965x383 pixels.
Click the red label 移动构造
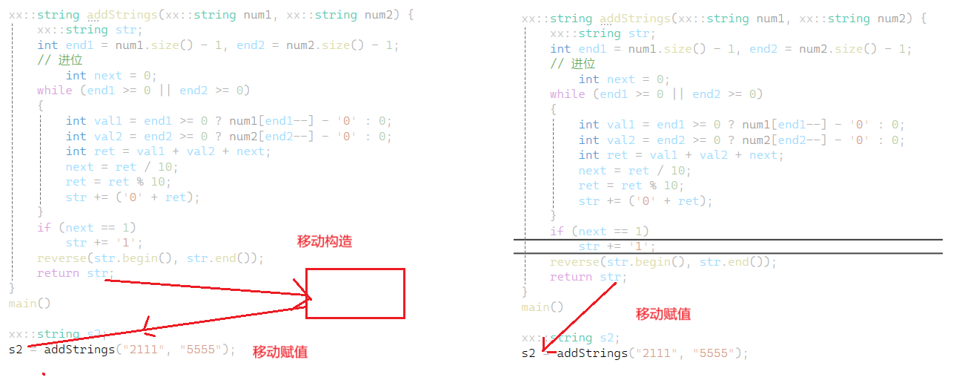[325, 241]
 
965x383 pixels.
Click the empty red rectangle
[355, 294]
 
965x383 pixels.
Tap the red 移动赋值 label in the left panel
[280, 352]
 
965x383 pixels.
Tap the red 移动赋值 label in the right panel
[663, 314]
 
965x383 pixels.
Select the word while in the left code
[55, 91]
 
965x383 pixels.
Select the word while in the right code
[568, 94]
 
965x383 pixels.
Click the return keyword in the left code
[58, 273]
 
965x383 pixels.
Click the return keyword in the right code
[571, 277]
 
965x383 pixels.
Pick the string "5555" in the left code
[201, 350]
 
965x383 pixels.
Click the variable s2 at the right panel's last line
[528, 353]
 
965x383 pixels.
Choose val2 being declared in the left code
[108, 137]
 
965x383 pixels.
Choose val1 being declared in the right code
[621, 125]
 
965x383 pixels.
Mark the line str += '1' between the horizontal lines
[617, 246]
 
